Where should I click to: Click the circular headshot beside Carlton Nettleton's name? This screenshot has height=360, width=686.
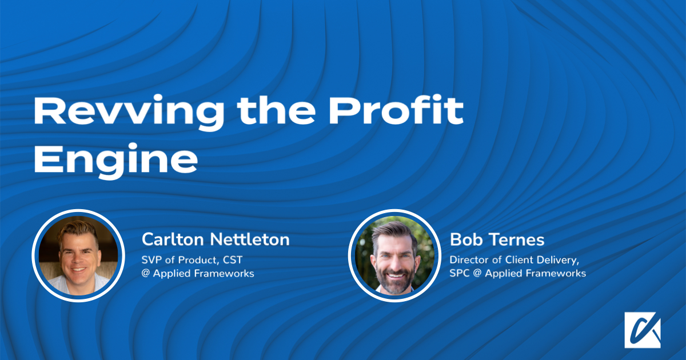[78, 255]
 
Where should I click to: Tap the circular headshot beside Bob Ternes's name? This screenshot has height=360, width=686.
[395, 255]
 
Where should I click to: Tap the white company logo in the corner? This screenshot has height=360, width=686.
[642, 330]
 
